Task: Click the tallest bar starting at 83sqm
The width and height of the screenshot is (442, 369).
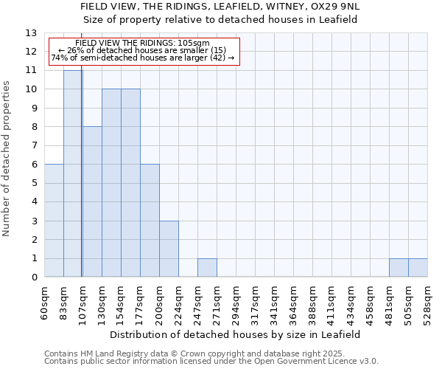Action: point(72,173)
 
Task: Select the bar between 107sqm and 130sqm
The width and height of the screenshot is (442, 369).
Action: point(92,201)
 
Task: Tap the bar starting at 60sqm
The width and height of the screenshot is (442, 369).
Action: point(54,221)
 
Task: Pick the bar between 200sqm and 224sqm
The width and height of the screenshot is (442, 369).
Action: point(169,249)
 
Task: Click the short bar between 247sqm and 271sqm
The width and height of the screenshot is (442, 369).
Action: point(207,268)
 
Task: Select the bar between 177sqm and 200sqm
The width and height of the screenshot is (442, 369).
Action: point(150,221)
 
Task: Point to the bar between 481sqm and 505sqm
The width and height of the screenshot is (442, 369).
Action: point(399,268)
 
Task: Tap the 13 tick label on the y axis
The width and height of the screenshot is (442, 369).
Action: point(31,33)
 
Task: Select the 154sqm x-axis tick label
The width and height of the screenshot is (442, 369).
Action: point(121,301)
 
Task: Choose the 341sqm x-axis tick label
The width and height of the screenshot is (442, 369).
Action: point(274,301)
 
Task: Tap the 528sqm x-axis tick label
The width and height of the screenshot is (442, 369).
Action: point(427,301)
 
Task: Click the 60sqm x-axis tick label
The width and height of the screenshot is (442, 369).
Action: point(44,300)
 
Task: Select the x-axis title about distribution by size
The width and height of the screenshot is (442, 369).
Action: point(235,334)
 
